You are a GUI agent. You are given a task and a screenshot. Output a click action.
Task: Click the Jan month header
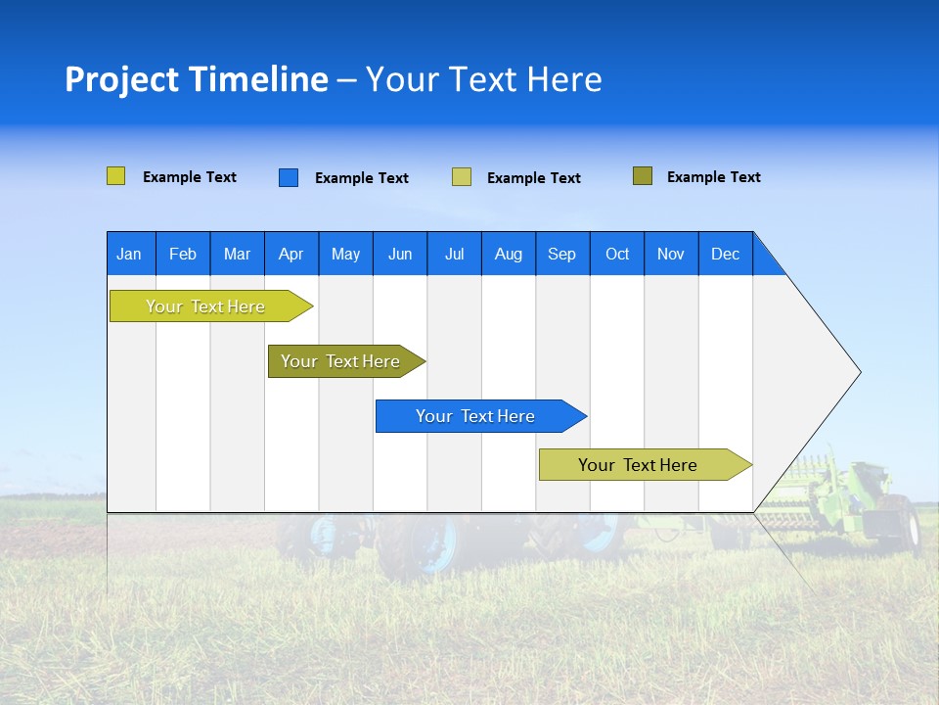tap(129, 254)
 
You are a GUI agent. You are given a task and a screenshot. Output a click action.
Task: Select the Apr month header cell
tap(291, 254)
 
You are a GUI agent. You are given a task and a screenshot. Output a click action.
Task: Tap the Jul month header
tap(454, 254)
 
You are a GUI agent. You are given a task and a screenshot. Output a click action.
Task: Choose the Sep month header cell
tap(562, 254)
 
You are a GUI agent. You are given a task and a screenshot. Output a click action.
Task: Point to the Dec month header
tap(725, 254)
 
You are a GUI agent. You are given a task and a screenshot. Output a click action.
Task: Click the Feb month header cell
tap(183, 254)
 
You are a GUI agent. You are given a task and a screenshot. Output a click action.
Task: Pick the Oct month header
tap(617, 254)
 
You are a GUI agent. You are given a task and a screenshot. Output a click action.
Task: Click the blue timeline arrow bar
tap(479, 416)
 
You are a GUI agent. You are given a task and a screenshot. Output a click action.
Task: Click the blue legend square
tap(289, 177)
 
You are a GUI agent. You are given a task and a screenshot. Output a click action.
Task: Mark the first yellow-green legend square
tap(116, 176)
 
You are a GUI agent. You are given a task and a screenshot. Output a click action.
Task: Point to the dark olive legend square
tap(643, 176)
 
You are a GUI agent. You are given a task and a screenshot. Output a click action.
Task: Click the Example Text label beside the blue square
tap(362, 178)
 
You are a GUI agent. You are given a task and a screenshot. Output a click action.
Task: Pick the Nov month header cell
tap(671, 254)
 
